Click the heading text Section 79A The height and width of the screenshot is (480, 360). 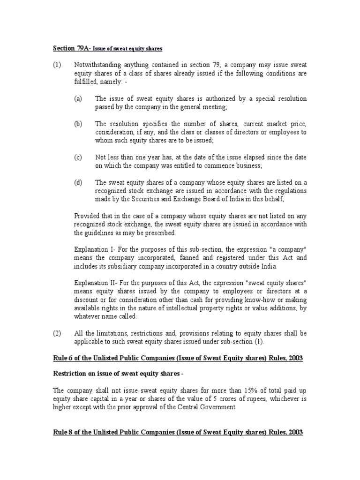tap(69, 48)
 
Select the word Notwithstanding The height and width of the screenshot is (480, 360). tap(98, 64)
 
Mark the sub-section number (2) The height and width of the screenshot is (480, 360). tap(57, 333)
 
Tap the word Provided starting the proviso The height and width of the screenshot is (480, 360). tap(88, 216)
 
